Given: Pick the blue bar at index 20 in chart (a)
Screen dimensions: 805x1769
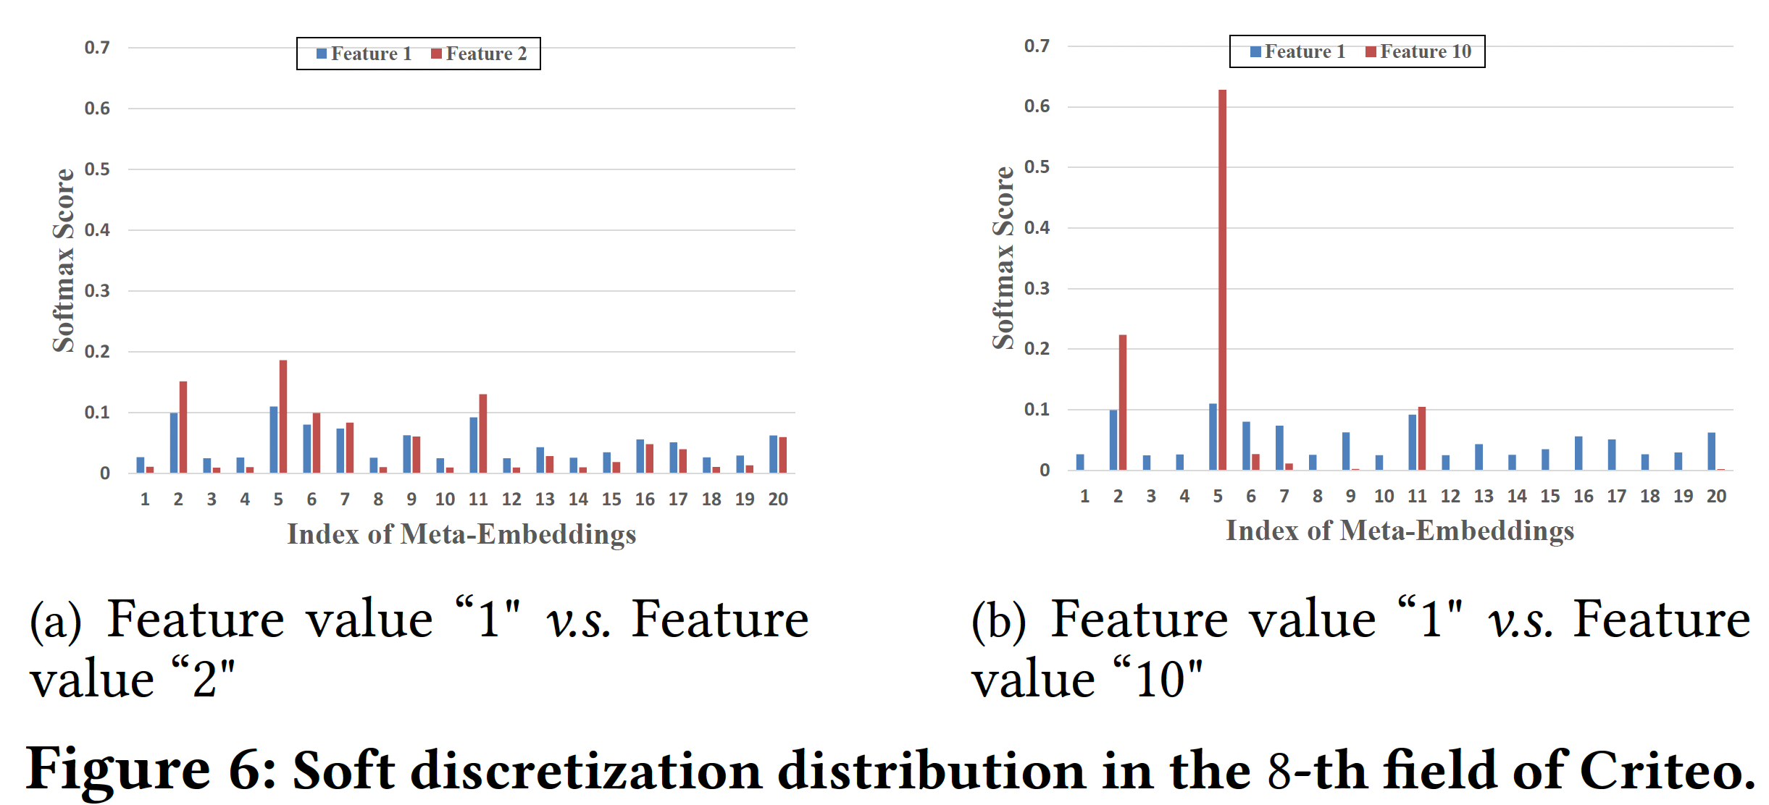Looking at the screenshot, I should click(x=773, y=454).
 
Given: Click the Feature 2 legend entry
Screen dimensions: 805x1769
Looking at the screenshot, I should click(x=479, y=54).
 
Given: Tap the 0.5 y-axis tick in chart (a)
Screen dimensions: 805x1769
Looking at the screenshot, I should click(x=97, y=169).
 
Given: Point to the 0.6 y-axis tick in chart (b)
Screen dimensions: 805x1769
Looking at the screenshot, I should click(x=1037, y=106).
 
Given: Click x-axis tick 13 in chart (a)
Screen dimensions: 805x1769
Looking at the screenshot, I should click(x=545, y=499).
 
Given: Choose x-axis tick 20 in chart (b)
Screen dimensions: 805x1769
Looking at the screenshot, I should click(x=1716, y=496).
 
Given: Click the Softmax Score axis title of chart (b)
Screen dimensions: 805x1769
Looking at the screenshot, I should click(x=1003, y=258).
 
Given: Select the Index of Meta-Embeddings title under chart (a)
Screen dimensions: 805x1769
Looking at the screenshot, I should click(x=461, y=534).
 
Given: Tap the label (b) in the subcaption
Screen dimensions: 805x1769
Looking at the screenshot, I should click(x=998, y=621).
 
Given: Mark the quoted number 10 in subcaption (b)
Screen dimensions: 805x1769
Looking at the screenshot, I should click(x=1160, y=680).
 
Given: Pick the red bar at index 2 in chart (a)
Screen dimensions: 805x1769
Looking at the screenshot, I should click(x=183, y=427).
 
